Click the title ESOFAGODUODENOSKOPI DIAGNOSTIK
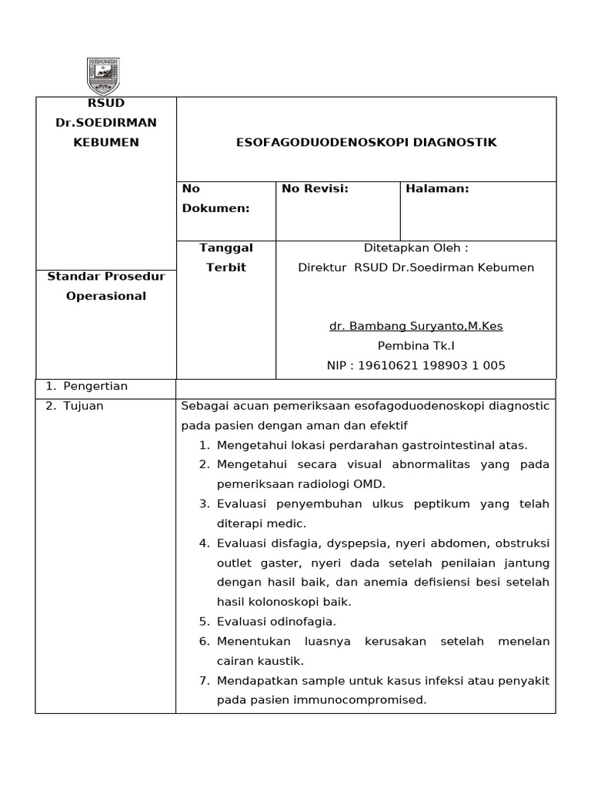pyautogui.click(x=366, y=142)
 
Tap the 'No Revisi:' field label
pyautogui.click(x=316, y=188)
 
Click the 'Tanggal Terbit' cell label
pyautogui.click(x=226, y=257)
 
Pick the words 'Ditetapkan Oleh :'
pyautogui.click(x=416, y=247)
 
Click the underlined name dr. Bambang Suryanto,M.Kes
pyautogui.click(x=416, y=326)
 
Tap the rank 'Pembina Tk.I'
pyautogui.click(x=416, y=346)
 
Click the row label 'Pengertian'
pyautogui.click(x=95, y=386)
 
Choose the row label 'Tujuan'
pyautogui.click(x=85, y=406)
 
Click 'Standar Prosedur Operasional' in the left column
pyautogui.click(x=106, y=286)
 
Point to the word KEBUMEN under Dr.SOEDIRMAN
pyautogui.click(x=106, y=142)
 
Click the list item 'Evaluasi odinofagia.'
pyautogui.click(x=277, y=621)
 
